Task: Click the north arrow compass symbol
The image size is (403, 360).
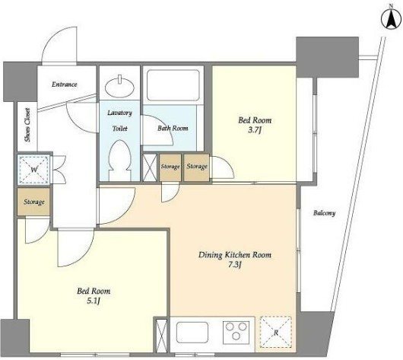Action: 391,20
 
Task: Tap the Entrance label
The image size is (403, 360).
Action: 65,84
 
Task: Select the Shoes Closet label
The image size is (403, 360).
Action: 27,125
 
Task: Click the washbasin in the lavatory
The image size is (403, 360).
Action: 120,87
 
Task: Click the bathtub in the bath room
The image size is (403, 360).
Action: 173,85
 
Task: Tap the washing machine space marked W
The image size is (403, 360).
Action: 34,170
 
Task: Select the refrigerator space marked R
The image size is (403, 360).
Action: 275,332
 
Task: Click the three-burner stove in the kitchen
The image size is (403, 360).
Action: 236,332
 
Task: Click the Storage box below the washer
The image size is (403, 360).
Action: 34,202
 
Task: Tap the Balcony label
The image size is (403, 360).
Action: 324,213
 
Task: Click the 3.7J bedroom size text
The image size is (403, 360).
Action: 255,130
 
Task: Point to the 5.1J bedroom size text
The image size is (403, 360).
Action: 93,301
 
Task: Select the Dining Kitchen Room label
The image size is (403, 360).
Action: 235,255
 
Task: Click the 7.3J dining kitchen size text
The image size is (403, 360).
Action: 234,265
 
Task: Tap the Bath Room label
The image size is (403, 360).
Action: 173,128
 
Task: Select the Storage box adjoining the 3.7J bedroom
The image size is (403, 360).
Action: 197,167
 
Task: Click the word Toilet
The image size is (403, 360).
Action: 120,128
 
